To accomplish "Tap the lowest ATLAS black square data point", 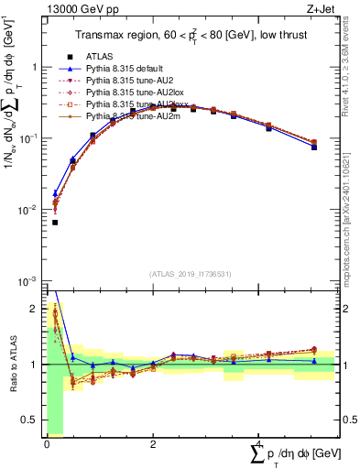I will coord(55,222).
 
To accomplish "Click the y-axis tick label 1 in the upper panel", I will coord(34,67).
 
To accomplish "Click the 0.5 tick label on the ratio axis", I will coord(29,420).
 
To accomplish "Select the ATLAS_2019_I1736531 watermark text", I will coord(190,274).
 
